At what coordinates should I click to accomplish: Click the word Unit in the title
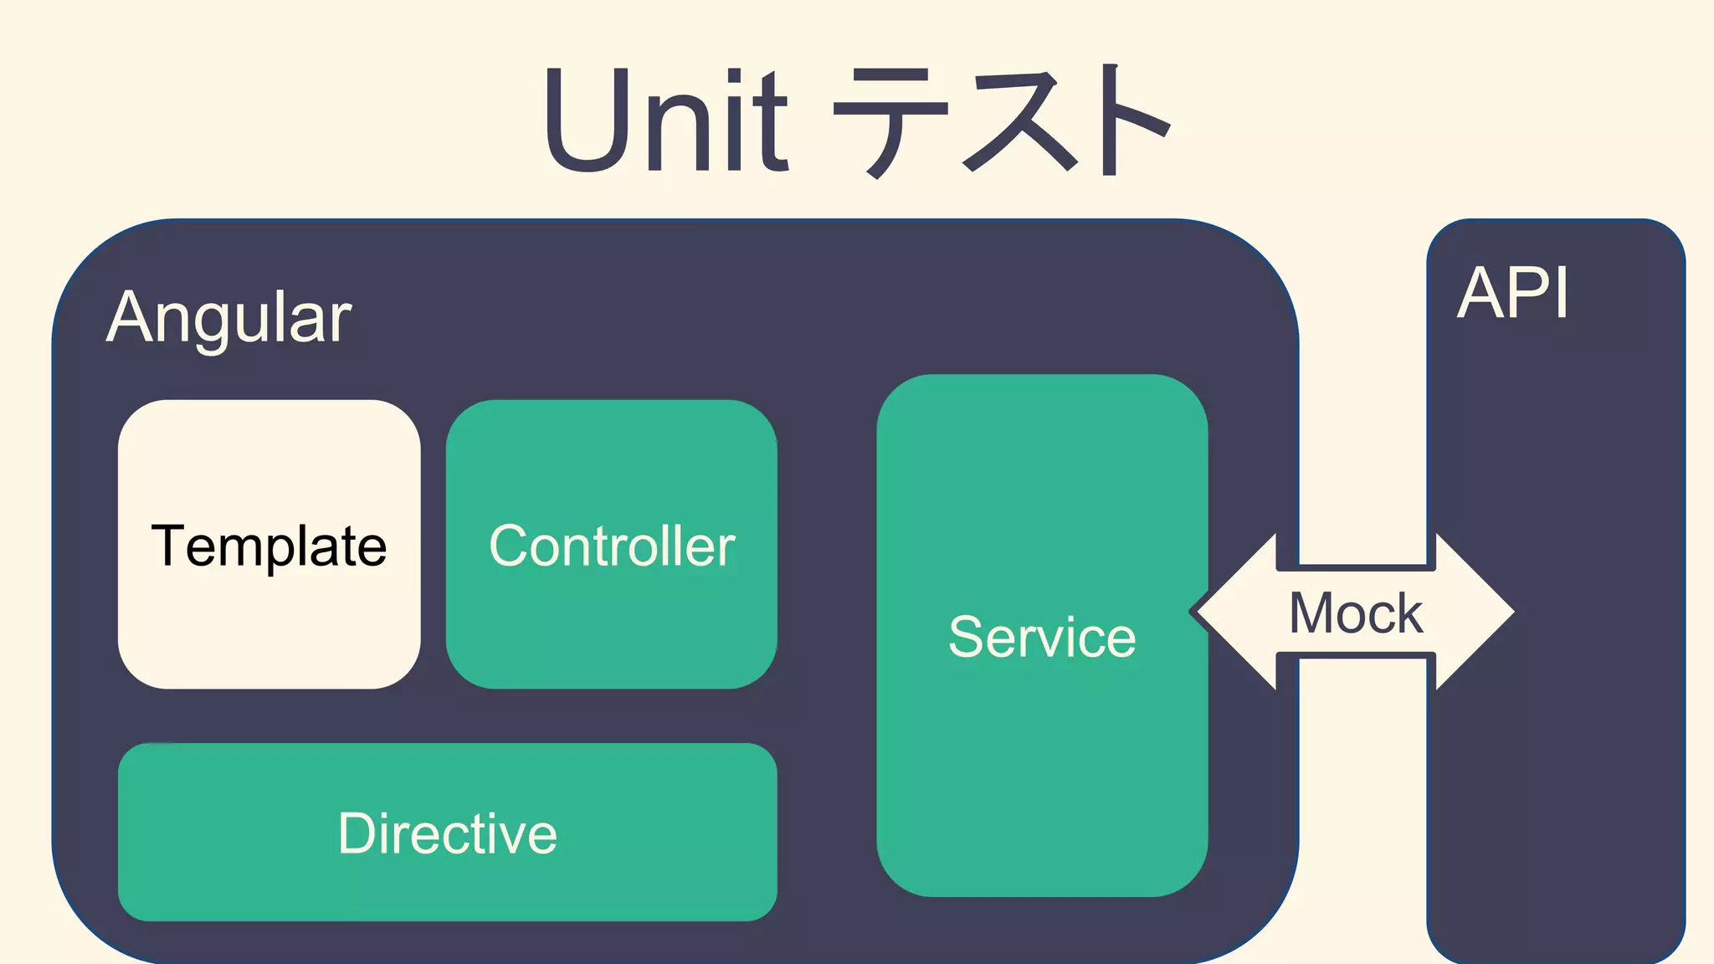coord(666,120)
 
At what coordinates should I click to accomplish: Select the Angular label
coord(229,318)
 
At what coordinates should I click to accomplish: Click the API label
coord(1512,294)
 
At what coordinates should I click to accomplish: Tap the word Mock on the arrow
coord(1356,613)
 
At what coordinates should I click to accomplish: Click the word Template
coord(269,546)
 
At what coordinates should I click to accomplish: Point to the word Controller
coord(612,546)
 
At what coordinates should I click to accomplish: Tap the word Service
coord(1042,637)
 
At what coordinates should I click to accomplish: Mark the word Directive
coord(448,833)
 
